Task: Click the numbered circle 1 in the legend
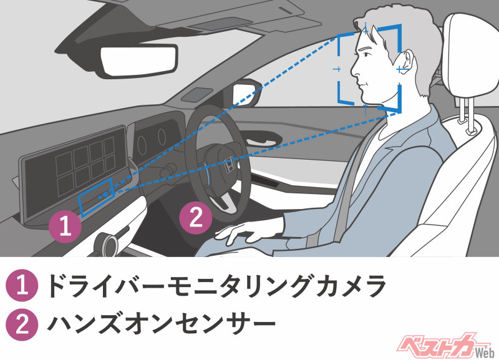[x=21, y=287]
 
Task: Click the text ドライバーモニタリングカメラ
[x=212, y=287]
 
